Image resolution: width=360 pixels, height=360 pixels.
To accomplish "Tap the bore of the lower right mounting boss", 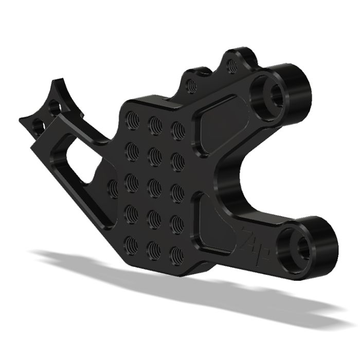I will pos(300,246).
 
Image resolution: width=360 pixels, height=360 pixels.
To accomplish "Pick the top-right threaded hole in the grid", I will pos(177,128).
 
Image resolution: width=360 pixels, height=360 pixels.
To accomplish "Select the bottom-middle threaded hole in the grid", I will pos(154,249).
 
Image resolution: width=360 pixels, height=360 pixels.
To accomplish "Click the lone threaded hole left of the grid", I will pos(113,187).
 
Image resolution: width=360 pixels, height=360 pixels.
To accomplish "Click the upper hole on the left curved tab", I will pos(55,107).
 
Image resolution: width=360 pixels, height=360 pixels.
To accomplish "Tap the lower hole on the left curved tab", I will pos(37,125).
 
